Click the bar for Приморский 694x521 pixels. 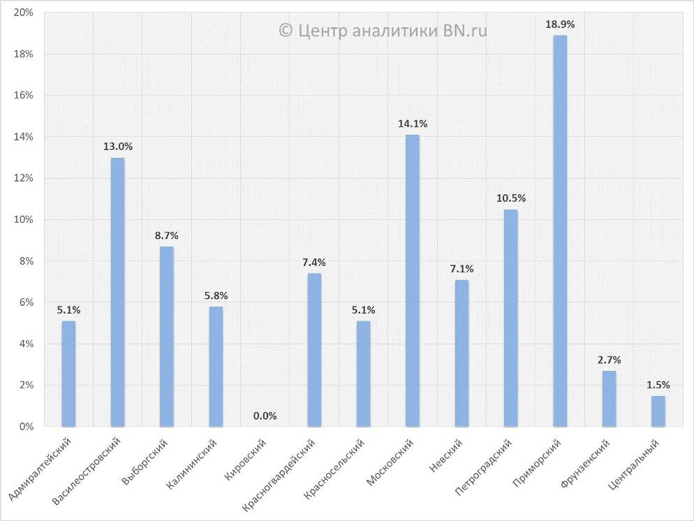point(560,230)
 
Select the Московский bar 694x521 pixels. point(413,280)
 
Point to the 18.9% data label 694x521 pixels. point(560,24)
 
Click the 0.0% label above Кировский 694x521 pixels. point(265,416)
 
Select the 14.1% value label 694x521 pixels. point(413,124)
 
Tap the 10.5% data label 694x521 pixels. point(511,198)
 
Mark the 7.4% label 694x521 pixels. point(314,263)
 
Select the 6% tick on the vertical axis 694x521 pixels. point(25,302)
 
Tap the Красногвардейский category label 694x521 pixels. point(280,474)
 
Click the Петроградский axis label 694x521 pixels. point(483,469)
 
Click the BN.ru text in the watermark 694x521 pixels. point(465,30)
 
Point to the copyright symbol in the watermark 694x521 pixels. point(285,30)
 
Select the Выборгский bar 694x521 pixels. point(166,336)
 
